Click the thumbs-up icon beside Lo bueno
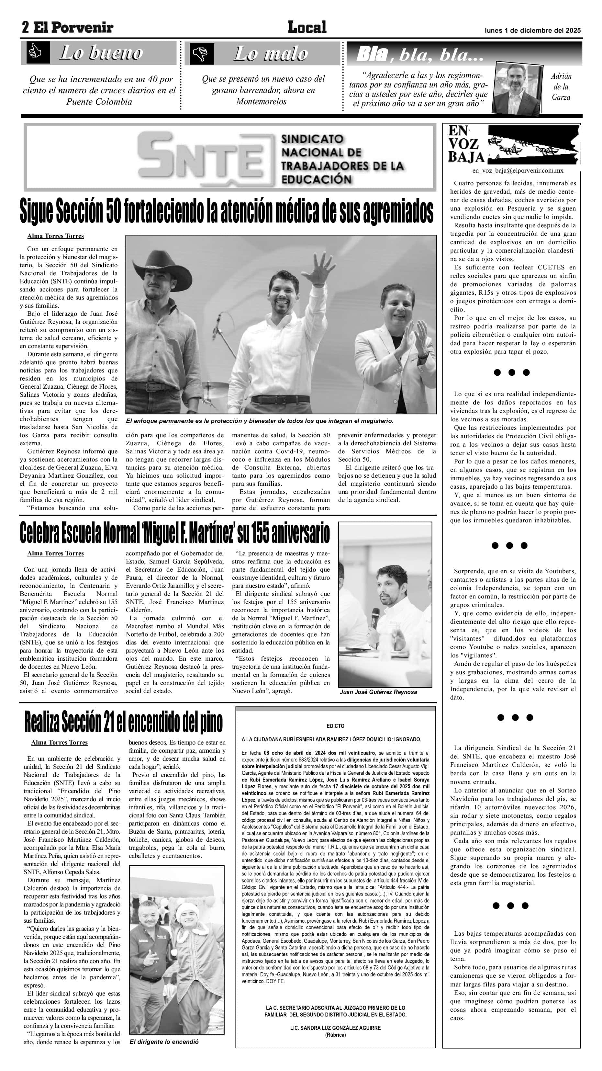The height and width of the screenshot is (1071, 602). pos(35,53)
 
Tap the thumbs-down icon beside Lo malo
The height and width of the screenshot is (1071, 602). pos(202,54)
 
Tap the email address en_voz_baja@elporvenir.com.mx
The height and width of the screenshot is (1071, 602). pos(518,170)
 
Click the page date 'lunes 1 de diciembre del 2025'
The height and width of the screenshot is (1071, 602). pos(533,30)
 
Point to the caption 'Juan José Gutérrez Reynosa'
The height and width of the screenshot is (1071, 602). pos(378,692)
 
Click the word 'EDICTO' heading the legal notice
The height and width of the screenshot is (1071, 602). pos(335,726)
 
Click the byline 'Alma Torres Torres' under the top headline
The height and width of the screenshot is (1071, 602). pos(56,236)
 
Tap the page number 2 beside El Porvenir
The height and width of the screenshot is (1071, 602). pos(26,28)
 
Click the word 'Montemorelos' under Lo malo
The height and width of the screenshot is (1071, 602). pos(261,101)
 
